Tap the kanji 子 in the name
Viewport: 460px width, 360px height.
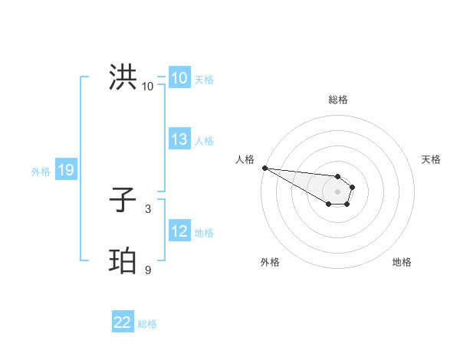pyautogui.click(x=123, y=201)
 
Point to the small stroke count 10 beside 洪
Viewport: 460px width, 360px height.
pyautogui.click(x=148, y=87)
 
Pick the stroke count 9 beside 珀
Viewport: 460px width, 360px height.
pyautogui.click(x=148, y=270)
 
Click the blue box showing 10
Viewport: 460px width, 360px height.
pyautogui.click(x=179, y=78)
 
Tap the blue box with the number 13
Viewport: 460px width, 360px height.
pyautogui.click(x=179, y=139)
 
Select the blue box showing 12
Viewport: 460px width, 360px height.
pyautogui.click(x=179, y=231)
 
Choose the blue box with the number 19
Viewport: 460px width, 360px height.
pyautogui.click(x=66, y=171)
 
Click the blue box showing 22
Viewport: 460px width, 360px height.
pyautogui.click(x=123, y=322)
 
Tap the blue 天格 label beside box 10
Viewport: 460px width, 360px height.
pyautogui.click(x=204, y=80)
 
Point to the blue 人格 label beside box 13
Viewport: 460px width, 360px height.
pyautogui.click(x=204, y=141)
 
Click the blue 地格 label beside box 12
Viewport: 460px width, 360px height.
pyautogui.click(x=204, y=233)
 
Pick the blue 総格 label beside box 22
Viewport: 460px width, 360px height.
pyautogui.click(x=147, y=324)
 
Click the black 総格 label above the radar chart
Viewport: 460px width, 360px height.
pyautogui.click(x=337, y=100)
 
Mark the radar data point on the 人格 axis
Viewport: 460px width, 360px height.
pyautogui.click(x=264, y=168)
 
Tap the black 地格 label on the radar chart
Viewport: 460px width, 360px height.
pyautogui.click(x=402, y=262)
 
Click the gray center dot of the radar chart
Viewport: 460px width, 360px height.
pyautogui.click(x=337, y=191)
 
